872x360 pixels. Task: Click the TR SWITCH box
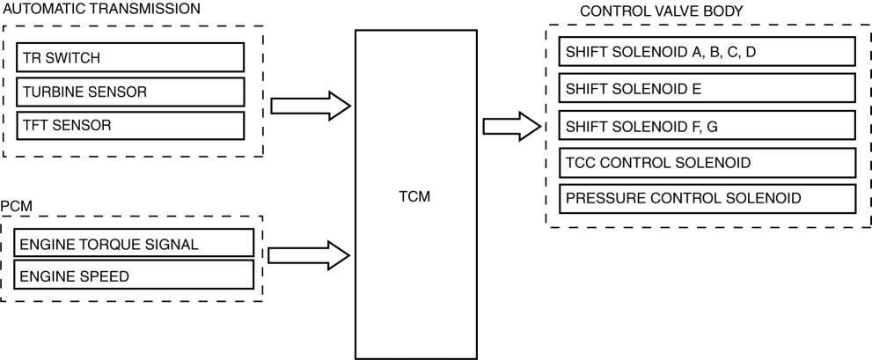pos(129,58)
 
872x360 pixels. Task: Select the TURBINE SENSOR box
pos(129,92)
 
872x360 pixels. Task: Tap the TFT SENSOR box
pos(129,125)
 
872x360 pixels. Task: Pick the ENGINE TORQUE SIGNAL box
pos(134,243)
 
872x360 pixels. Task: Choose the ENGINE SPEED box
pos(134,276)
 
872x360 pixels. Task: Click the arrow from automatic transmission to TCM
pos(310,107)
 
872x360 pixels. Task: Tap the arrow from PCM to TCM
pos(310,255)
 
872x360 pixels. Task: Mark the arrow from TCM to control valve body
pos(513,126)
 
